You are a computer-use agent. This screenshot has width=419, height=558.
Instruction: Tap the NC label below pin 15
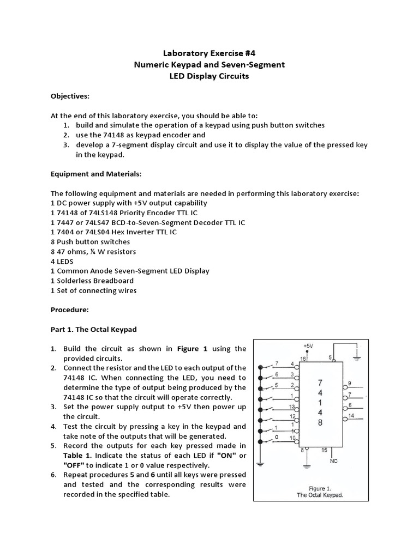[x=334, y=461]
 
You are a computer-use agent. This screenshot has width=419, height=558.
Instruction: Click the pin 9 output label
[x=349, y=383]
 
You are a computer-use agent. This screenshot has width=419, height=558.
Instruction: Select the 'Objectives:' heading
[x=70, y=96]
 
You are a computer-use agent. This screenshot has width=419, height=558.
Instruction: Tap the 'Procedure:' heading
[x=69, y=310]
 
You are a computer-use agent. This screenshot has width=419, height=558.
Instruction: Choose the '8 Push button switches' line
[x=91, y=241]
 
